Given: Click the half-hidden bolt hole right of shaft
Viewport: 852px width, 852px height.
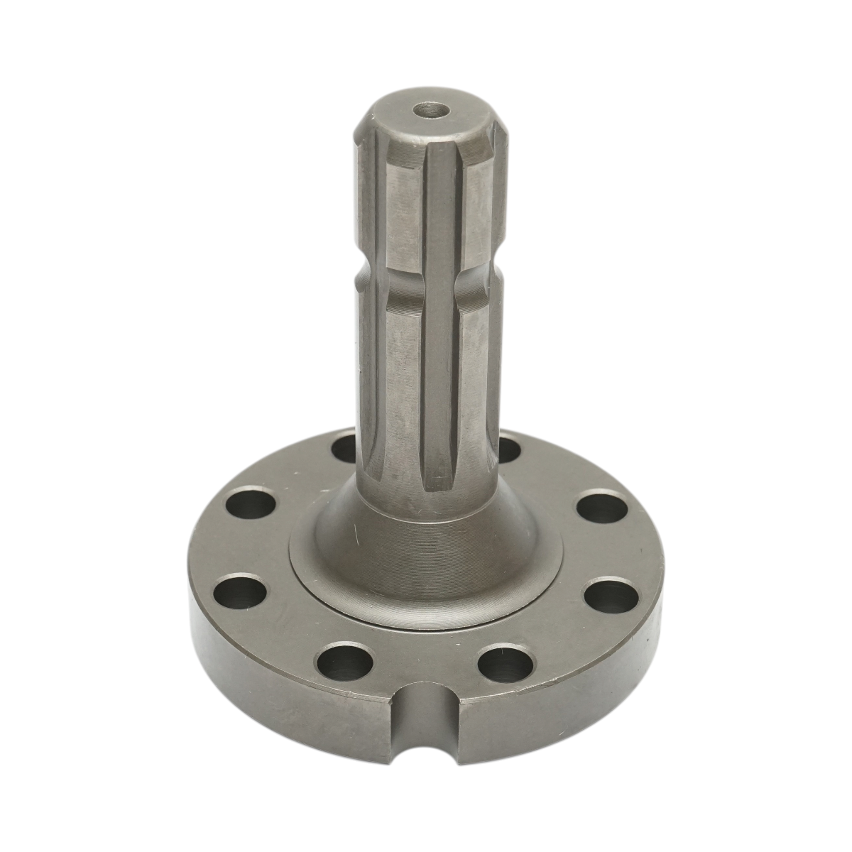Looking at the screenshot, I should click(508, 449).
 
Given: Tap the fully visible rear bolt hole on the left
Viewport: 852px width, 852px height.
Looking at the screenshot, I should click(251, 505).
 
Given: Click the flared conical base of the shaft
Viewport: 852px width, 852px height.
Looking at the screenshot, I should click(426, 540).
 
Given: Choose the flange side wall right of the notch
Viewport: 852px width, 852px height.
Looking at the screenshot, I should click(561, 699).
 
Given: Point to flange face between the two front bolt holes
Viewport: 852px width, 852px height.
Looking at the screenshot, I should click(426, 657).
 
